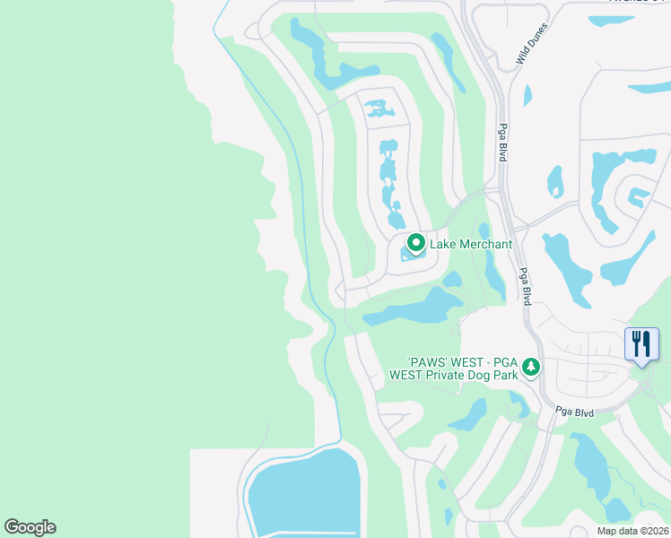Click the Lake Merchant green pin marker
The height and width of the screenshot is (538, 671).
coord(416,243)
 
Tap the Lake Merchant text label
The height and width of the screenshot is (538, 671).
coord(471,244)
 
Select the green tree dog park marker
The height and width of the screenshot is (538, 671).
coord(531,368)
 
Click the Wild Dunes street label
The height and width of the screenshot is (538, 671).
coord(532,44)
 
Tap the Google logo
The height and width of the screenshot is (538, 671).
coord(30,527)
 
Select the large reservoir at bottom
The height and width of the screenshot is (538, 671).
coord(305,493)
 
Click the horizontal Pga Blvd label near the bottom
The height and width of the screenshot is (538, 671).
coord(576,411)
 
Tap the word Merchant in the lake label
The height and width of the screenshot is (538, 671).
coord(485,244)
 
